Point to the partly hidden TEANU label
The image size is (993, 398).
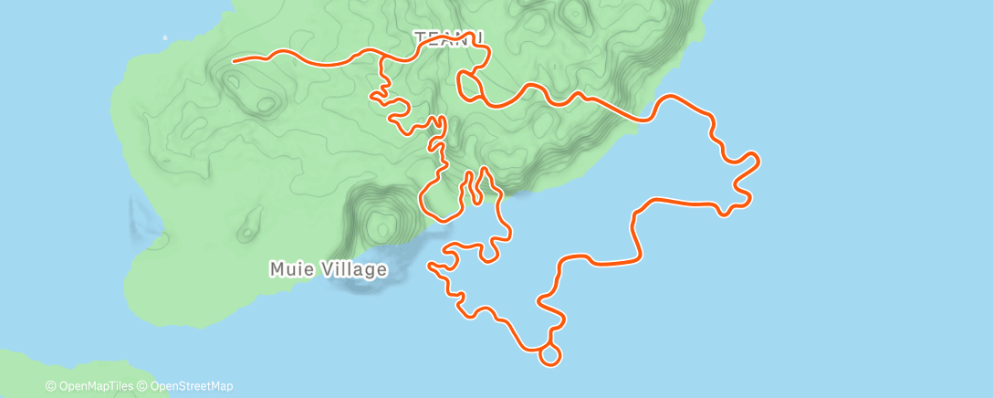click(447, 37)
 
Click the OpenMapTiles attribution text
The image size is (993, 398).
click(96, 386)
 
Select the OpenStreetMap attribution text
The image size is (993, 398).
click(189, 386)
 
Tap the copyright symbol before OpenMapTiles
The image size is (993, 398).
click(51, 386)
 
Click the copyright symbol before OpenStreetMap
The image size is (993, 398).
click(142, 386)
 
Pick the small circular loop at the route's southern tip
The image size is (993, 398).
click(550, 354)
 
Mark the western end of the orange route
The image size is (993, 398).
click(235, 61)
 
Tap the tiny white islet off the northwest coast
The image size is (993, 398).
click(165, 37)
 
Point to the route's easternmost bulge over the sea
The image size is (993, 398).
click(756, 162)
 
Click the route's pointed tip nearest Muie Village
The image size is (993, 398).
click(430, 265)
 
